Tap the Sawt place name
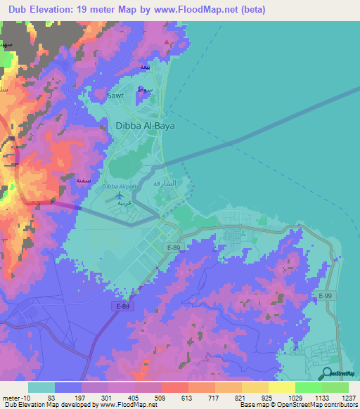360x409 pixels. pos(115,95)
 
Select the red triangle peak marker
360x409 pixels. pos(167,42)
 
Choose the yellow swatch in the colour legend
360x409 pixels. pos(281,387)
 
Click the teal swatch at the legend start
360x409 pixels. pos(41,387)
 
